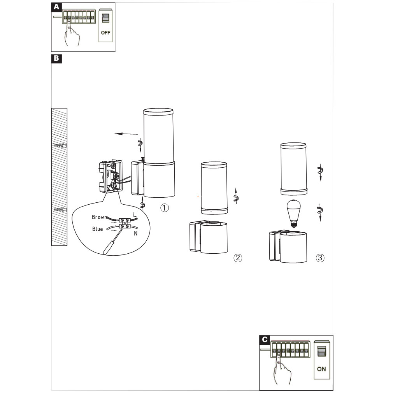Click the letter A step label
[56, 7]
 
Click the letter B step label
[56, 59]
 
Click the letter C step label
[265, 340]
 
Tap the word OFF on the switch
[105, 33]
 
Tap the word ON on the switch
[321, 369]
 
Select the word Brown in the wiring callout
[100, 217]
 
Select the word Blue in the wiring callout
[98, 229]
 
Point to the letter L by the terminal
[135, 215]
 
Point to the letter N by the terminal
[135, 233]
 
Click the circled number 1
[165, 208]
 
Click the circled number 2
[238, 258]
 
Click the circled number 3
[320, 258]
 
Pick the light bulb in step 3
[293, 213]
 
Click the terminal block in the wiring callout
[125, 223]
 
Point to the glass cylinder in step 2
[214, 188]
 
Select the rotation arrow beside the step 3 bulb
[320, 212]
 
